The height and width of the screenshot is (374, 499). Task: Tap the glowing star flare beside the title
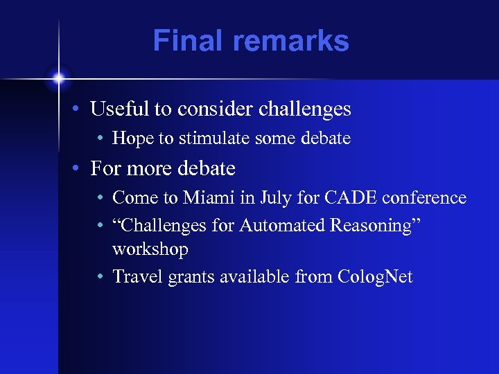[59, 78]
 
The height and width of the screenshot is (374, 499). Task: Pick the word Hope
[133, 139]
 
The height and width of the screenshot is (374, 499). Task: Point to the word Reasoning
[371, 225]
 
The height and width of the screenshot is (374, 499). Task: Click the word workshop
[150, 249]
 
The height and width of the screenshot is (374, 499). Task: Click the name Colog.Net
[375, 277]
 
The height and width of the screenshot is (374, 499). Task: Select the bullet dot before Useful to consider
[81, 109]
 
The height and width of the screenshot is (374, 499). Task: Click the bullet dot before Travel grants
[101, 278]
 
